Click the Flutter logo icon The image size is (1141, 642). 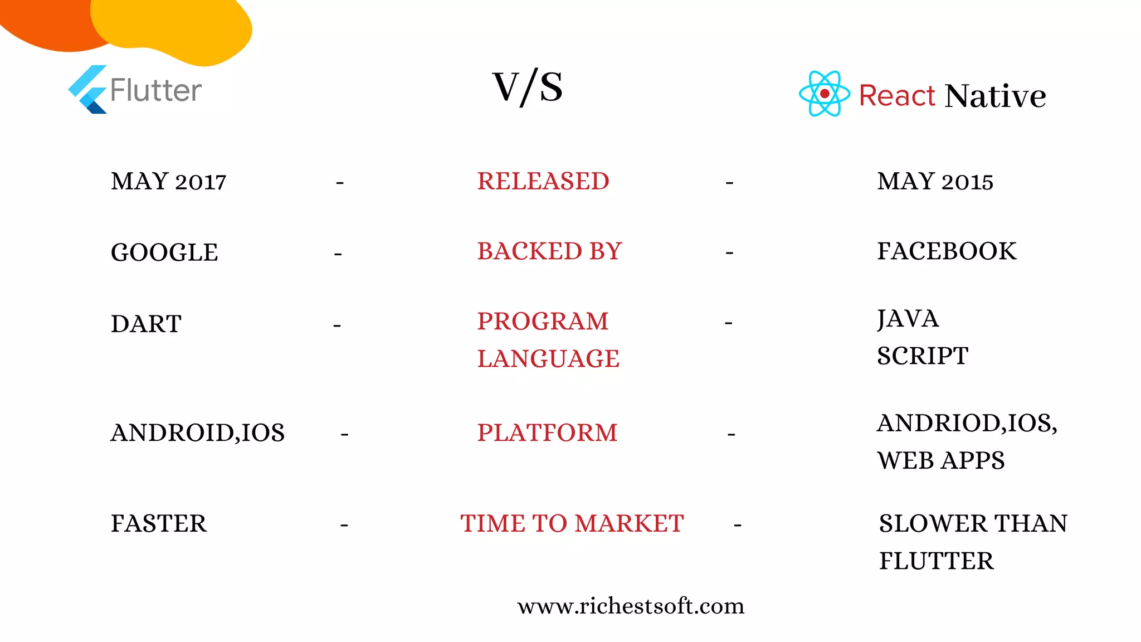[x=88, y=90]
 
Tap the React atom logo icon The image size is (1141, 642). [x=824, y=94]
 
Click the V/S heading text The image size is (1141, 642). [x=528, y=87]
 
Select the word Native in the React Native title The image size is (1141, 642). [x=995, y=96]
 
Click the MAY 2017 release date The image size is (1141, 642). [x=168, y=182]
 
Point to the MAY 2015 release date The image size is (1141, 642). [x=935, y=182]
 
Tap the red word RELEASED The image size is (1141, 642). [x=543, y=182]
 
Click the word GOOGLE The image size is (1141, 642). [x=164, y=252]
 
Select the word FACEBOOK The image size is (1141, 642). [x=947, y=251]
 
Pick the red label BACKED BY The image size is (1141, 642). [x=549, y=251]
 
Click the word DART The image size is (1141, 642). [x=146, y=324]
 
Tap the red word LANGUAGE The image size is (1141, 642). [x=548, y=358]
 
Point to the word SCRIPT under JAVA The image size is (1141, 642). [x=923, y=356]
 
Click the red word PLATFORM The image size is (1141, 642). [x=547, y=433]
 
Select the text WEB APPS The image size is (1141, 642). [x=940, y=460]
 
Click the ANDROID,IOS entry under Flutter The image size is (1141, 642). [x=197, y=433]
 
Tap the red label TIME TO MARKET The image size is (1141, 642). [x=572, y=524]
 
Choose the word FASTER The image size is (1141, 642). [x=159, y=524]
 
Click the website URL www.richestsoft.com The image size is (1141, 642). [x=631, y=606]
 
